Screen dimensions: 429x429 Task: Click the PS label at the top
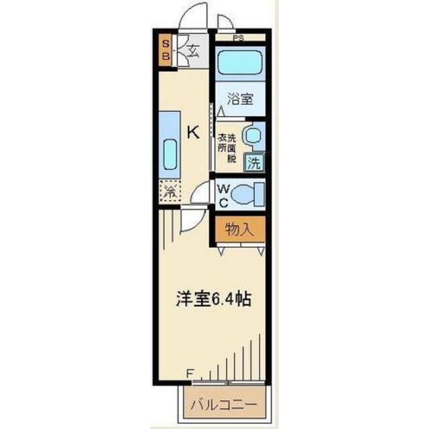point(238,38)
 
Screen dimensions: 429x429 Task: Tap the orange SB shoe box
point(166,51)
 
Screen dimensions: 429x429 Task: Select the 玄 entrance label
point(192,50)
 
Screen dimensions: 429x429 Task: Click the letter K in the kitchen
point(192,132)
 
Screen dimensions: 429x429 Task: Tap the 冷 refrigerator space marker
point(169,191)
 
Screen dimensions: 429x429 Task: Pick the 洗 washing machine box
point(254,161)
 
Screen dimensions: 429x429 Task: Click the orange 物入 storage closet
point(240,230)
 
